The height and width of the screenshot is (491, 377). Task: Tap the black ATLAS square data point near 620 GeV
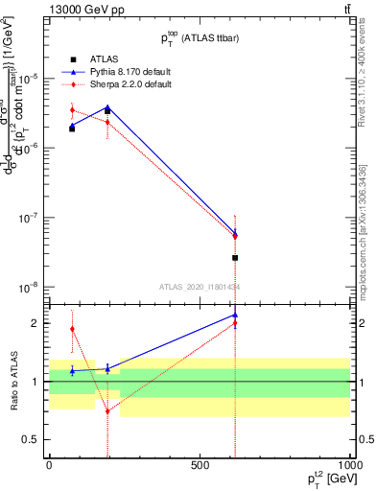[235, 258]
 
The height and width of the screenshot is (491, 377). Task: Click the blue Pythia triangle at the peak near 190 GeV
[107, 107]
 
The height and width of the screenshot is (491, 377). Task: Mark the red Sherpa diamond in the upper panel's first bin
[72, 110]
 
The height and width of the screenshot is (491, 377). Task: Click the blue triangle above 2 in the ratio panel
[235, 315]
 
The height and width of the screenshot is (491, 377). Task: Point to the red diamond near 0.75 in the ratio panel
[107, 410]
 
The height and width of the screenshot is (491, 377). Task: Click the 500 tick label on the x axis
[200, 463]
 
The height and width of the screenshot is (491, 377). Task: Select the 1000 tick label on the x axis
[348, 463]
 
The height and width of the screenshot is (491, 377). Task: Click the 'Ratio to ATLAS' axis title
[12, 382]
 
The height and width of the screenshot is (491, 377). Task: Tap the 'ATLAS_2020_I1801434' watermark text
[200, 286]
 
